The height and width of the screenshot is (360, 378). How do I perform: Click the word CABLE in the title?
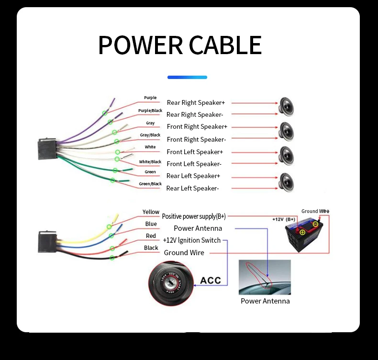click(x=225, y=45)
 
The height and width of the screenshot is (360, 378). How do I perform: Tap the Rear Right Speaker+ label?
click(x=196, y=102)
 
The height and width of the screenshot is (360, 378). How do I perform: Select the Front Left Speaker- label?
click(x=194, y=164)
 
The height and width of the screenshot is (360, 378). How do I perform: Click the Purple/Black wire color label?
click(x=150, y=111)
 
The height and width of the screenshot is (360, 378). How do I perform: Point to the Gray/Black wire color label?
click(x=150, y=135)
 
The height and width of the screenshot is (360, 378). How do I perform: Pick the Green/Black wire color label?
click(x=150, y=184)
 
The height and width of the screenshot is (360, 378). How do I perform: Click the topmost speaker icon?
click(x=286, y=106)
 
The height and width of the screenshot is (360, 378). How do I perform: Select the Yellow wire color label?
click(x=151, y=212)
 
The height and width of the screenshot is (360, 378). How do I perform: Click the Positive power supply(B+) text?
click(x=194, y=216)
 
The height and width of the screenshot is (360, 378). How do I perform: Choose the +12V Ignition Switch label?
click(x=192, y=240)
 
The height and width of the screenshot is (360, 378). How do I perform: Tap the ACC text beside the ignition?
click(x=211, y=280)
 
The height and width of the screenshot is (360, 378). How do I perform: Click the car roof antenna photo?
click(x=265, y=277)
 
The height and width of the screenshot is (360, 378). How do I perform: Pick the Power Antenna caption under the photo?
click(x=265, y=301)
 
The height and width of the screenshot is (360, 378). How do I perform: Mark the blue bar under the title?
click(x=187, y=77)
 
